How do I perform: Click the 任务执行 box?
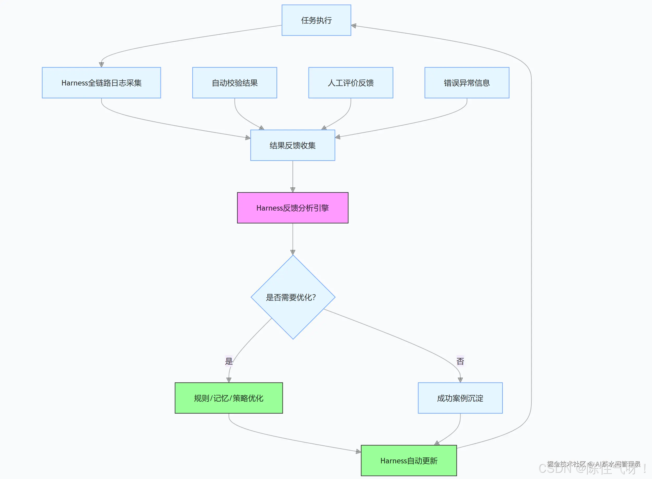(316, 20)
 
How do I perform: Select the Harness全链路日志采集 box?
(101, 83)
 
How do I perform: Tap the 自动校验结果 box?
(235, 83)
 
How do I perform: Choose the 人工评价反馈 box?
(350, 83)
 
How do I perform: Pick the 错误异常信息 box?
(467, 83)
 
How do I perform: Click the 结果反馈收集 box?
(293, 145)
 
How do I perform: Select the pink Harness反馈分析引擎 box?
(293, 208)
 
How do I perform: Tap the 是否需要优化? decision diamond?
(293, 297)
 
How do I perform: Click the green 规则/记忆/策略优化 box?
(229, 398)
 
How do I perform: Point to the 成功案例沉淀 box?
(460, 398)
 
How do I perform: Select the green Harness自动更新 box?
(409, 461)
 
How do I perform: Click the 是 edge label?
(229, 361)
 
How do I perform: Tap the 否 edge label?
(460, 361)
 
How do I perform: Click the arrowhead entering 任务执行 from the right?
(354, 26)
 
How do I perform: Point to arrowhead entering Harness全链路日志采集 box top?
(101, 65)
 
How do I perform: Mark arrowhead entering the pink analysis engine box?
(293, 190)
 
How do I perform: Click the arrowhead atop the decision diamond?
(293, 252)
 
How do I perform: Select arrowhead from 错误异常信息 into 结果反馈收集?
(338, 137)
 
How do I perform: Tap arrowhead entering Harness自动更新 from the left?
(358, 451)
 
